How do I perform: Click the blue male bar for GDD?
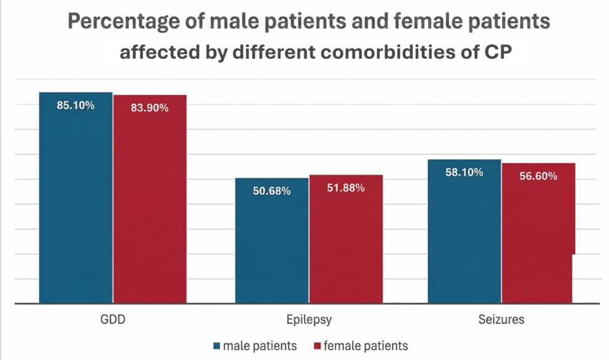pos(75,204)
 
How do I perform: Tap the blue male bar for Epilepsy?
pos(271,247)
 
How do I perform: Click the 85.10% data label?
pos(75,105)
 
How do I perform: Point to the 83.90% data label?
pos(149,107)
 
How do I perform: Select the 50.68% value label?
pos(271,191)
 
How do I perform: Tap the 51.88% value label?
pos(346,188)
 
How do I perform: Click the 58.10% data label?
pos(464,172)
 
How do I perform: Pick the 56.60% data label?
pos(538,176)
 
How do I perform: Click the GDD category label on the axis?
pos(112,320)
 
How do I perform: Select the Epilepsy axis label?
pos(309,320)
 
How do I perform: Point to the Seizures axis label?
pos(501,320)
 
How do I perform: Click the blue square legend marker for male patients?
pos(216,346)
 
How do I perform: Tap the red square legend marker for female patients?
pos(317,346)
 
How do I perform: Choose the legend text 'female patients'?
pos(366,346)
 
